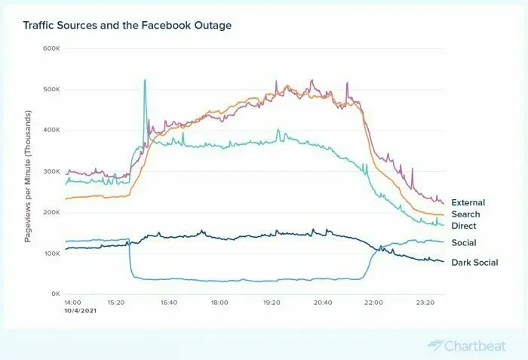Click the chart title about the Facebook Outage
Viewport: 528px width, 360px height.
[127, 25]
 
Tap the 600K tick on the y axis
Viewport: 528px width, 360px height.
[51, 48]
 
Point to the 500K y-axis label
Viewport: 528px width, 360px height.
[51, 89]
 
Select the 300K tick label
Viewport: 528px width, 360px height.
[51, 171]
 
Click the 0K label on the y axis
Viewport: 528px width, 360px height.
[56, 294]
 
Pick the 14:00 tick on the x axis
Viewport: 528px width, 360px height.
[72, 303]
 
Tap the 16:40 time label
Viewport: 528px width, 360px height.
[169, 303]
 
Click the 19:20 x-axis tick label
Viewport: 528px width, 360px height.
[272, 303]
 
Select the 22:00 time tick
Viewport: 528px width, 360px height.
[374, 303]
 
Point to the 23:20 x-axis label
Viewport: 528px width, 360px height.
[425, 303]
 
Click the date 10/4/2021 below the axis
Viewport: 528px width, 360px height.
[81, 310]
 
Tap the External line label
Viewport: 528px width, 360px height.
[468, 202]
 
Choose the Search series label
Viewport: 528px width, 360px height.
[465, 214]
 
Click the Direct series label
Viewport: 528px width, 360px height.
[464, 226]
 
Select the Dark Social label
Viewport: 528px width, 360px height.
[474, 263]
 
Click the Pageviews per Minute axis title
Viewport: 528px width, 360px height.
[28, 176]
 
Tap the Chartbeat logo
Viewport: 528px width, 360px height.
[467, 346]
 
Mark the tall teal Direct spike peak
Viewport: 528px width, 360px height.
[145, 80]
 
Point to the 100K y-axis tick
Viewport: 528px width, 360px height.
[51, 253]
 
